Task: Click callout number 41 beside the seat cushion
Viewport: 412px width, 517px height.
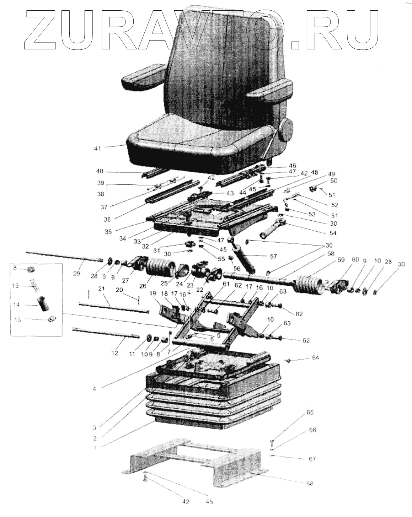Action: (x=97, y=148)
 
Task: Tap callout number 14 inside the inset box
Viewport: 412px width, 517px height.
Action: (x=16, y=305)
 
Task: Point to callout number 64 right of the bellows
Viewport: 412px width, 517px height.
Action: (x=316, y=357)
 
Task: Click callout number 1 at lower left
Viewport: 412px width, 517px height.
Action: (x=95, y=448)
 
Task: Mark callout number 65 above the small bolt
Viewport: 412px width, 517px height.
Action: (x=310, y=413)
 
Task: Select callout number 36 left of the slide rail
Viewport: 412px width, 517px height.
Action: (x=107, y=219)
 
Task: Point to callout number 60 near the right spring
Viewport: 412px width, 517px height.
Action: (x=355, y=259)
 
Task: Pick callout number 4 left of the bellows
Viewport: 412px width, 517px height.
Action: (x=95, y=389)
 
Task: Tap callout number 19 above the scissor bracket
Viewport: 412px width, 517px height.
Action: (x=153, y=293)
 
